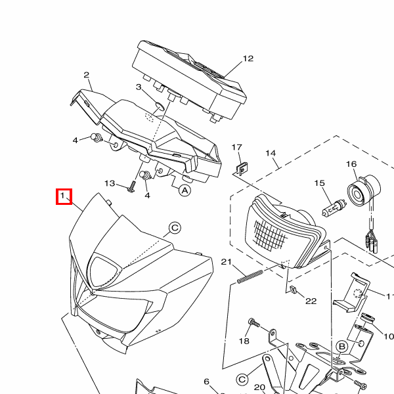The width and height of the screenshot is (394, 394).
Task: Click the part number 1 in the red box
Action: coord(62,195)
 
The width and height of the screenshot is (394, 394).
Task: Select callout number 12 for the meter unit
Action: coord(248,58)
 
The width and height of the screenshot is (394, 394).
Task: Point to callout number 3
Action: coord(139,87)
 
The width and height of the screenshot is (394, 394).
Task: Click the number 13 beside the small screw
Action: coord(110,183)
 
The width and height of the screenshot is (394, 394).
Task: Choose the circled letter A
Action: coord(185,190)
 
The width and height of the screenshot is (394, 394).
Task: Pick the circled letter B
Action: coord(342,347)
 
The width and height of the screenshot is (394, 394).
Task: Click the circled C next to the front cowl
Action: coord(175,228)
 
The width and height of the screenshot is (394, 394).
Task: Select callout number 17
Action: coord(236,147)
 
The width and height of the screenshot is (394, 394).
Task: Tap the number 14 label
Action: coord(271,153)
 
